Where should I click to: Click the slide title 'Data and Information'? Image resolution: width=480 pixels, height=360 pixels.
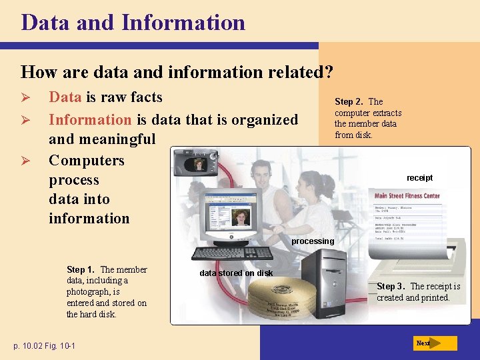(x=133, y=22)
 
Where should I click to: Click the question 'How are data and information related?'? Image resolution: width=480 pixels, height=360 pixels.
(x=177, y=71)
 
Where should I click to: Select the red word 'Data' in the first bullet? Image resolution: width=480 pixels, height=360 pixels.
(x=65, y=97)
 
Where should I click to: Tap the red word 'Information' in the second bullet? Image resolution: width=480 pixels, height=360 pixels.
(x=90, y=120)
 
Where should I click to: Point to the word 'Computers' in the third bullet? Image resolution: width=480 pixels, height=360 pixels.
(x=87, y=161)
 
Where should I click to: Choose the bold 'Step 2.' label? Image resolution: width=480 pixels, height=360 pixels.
(x=349, y=102)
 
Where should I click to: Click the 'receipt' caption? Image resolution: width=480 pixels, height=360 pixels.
(x=419, y=178)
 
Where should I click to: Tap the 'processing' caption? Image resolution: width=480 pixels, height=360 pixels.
(x=313, y=241)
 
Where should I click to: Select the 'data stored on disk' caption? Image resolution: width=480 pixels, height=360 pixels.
(x=236, y=273)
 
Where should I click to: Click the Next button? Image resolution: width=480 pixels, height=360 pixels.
(x=435, y=343)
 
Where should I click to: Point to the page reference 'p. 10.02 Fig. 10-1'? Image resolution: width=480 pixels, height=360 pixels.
(x=44, y=345)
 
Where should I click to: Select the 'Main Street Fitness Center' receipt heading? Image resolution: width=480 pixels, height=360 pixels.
(x=407, y=196)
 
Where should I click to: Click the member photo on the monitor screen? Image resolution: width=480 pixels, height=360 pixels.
(x=240, y=217)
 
